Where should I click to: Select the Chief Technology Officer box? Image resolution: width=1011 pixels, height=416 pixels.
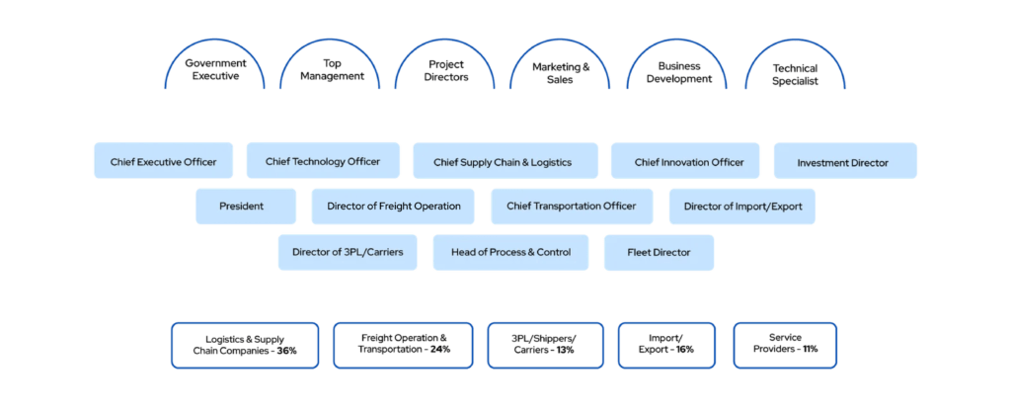click(323, 160)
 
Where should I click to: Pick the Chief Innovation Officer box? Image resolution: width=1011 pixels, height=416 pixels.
click(688, 161)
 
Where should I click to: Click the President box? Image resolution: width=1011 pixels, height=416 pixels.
click(242, 207)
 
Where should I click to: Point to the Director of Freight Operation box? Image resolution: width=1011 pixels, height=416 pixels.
click(386, 207)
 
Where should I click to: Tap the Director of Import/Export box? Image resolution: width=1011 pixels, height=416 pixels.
click(742, 207)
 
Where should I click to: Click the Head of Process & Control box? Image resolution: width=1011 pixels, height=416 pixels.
click(510, 252)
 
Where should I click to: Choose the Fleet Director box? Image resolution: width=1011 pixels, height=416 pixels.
click(659, 252)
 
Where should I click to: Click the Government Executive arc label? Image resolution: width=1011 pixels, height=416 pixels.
click(215, 70)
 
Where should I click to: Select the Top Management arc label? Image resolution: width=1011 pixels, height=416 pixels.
click(331, 70)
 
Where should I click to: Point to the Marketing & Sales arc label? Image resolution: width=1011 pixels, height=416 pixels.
click(560, 72)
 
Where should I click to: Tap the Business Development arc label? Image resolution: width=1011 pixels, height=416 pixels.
click(677, 71)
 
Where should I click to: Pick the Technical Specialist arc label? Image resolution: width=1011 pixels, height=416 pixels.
click(795, 73)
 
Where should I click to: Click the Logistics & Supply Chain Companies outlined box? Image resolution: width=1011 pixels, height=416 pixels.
click(245, 344)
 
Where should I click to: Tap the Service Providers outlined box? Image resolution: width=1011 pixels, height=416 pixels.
click(784, 344)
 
